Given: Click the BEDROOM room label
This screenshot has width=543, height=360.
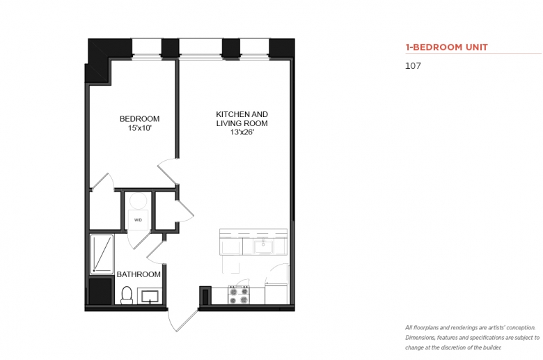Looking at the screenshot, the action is point(139,119).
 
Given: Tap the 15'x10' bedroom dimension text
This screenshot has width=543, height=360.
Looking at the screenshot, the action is point(140,128).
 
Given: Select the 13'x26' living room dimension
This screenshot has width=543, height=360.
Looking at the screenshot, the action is point(242,132).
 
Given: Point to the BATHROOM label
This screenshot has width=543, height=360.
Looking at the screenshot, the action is point(139,274).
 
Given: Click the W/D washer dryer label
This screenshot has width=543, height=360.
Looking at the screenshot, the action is point(138,220).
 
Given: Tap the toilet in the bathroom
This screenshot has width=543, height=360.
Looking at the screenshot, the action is point(127,295).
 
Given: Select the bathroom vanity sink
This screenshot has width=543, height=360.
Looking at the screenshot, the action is point(150,296).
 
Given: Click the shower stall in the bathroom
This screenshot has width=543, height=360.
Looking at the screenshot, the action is point(102,254).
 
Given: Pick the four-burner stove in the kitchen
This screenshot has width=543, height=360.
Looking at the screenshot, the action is point(239,295).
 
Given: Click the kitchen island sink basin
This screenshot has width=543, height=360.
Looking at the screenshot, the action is point(263,247).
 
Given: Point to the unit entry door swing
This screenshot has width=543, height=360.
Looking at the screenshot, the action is point(182,320).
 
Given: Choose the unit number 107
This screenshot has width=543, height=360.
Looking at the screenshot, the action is point(413,66).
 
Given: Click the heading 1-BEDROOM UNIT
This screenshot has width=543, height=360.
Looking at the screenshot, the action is point(447,47).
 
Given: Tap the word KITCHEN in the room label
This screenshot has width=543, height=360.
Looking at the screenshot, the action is point(229,114).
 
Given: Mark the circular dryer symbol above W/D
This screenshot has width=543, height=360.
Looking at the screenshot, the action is point(138,201).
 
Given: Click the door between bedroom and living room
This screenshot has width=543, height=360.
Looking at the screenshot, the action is point(168,171).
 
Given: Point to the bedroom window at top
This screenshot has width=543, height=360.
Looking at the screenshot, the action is point(147,47).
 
